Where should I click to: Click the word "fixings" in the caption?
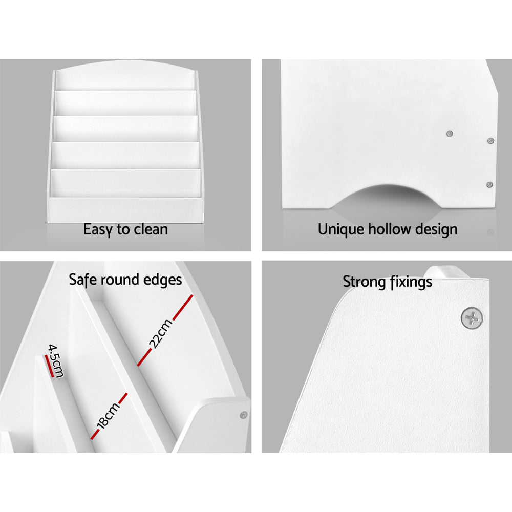click(x=410, y=282)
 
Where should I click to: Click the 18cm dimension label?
click(x=108, y=415)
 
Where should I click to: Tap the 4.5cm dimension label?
click(x=56, y=360)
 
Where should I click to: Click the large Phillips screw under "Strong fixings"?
click(x=472, y=317)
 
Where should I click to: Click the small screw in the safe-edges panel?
click(x=244, y=415)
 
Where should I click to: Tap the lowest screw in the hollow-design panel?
click(x=489, y=185)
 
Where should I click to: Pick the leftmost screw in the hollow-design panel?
click(x=450, y=134)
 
